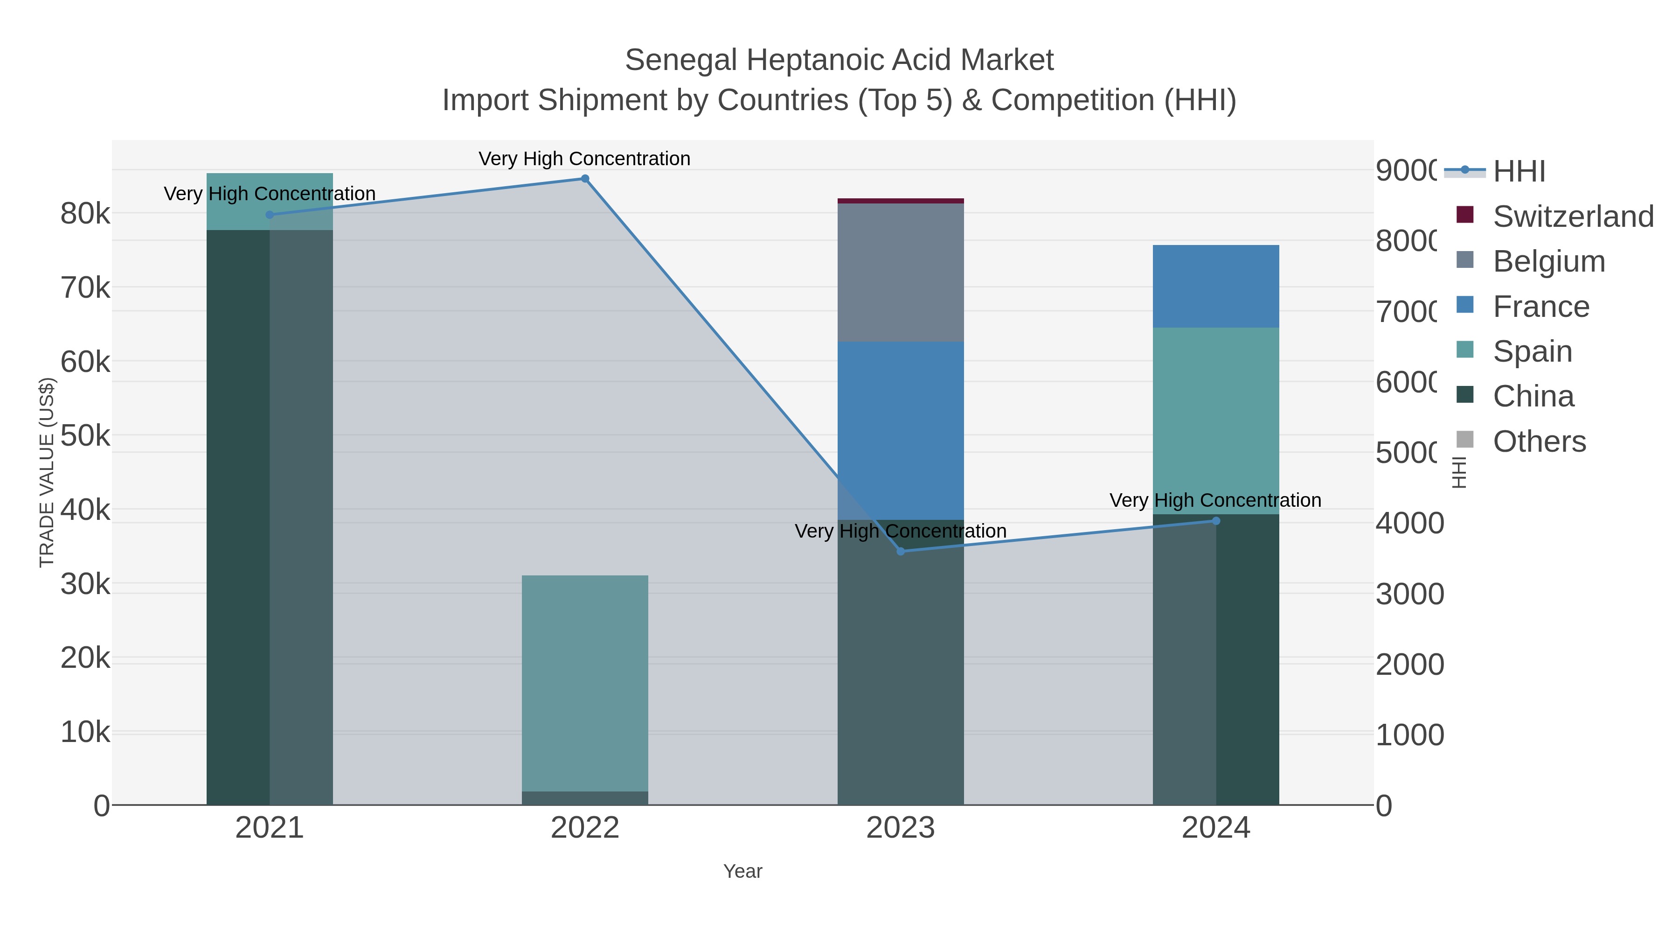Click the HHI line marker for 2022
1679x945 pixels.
(585, 179)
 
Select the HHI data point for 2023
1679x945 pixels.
(901, 551)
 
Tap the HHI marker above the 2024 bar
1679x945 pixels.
(1215, 520)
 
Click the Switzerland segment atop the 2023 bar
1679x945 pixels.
(900, 201)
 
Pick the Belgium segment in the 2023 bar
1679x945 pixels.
(900, 273)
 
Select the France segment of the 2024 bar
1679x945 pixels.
(1215, 287)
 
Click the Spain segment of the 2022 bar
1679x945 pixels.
(585, 683)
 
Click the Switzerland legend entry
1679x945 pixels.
(1572, 217)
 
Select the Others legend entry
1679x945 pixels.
(1538, 441)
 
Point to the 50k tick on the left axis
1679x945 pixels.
(85, 436)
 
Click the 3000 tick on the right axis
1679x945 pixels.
(1409, 594)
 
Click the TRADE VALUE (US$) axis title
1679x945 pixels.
(46, 472)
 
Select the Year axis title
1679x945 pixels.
(742, 871)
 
